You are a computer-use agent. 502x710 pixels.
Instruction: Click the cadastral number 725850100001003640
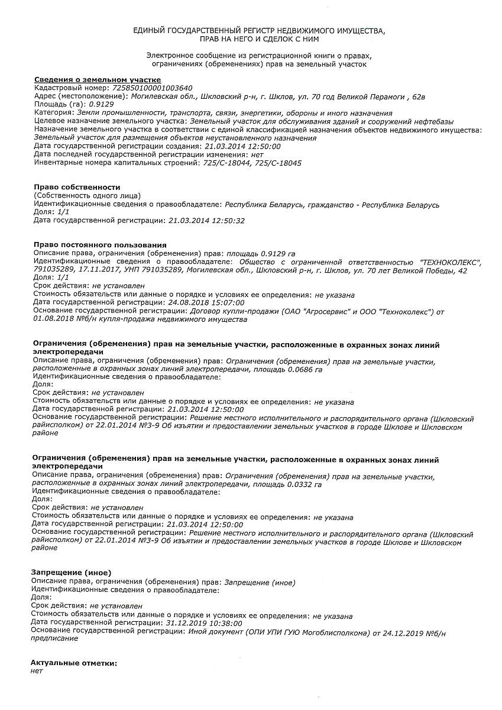(152, 88)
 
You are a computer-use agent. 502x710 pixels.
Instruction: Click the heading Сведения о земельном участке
(97, 79)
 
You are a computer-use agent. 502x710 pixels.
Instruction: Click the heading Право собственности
(77, 187)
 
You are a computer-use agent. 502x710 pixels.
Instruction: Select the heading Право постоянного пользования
(100, 244)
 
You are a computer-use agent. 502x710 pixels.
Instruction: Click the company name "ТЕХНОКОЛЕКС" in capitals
(450, 261)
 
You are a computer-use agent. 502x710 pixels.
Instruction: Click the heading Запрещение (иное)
(71, 573)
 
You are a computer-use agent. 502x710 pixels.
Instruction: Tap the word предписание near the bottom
(54, 639)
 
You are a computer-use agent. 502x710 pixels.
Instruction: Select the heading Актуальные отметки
(74, 663)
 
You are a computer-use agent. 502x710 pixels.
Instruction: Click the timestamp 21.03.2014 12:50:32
(206, 220)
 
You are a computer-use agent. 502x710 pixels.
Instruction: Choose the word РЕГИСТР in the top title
(259, 30)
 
